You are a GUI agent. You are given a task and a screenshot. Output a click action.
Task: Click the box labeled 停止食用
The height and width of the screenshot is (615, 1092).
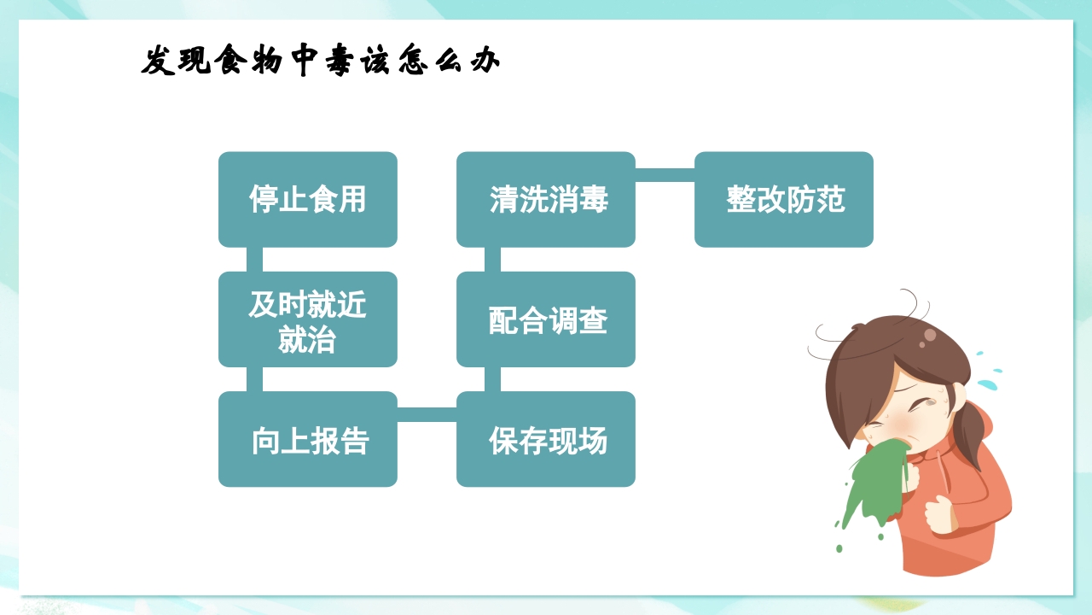click(307, 200)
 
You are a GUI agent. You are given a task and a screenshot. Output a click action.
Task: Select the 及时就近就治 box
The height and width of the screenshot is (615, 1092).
click(307, 319)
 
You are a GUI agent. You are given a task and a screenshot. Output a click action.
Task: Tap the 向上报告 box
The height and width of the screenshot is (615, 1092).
click(307, 439)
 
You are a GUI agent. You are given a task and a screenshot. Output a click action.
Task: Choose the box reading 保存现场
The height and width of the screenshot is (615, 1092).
click(546, 439)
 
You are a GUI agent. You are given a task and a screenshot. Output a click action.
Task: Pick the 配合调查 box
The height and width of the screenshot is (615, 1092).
click(546, 319)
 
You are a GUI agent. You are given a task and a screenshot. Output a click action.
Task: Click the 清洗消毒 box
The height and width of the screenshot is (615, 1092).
click(546, 200)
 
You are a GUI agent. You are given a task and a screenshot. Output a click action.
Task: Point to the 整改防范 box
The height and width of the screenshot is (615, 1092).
click(784, 200)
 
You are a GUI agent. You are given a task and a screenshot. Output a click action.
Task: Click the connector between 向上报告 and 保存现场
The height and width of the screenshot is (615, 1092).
click(427, 414)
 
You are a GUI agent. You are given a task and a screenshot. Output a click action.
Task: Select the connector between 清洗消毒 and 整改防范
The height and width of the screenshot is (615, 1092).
click(665, 175)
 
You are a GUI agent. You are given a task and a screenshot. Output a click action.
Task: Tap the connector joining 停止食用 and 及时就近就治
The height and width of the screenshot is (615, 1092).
click(254, 260)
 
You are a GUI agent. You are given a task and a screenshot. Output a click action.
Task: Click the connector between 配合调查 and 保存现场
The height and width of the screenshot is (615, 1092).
click(492, 379)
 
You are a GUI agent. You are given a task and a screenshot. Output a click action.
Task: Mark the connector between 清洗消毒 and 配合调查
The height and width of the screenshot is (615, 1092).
click(492, 260)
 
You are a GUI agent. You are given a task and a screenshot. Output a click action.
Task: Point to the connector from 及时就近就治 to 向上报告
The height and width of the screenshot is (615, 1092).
click(254, 379)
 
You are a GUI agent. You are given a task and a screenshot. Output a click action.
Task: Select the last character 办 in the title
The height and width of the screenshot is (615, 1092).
click(484, 61)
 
